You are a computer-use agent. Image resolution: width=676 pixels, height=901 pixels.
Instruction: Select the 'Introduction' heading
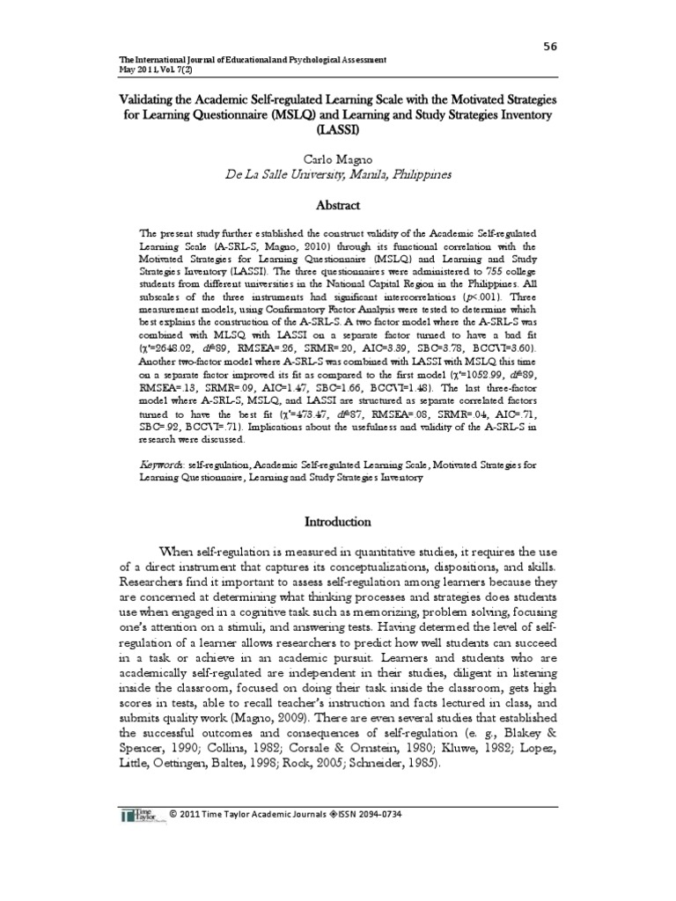[338, 522]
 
